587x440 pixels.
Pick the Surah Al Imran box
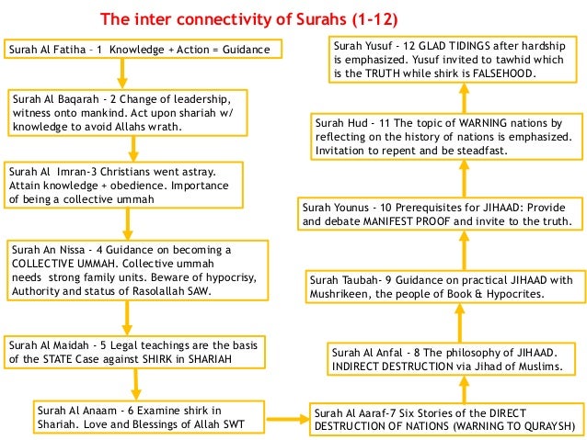pyautogui.click(x=124, y=185)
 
